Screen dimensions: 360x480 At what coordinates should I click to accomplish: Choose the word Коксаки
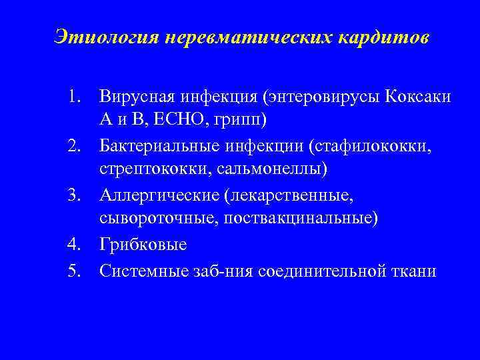click(419, 97)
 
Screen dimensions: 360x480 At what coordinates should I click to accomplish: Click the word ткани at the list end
click(415, 271)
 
